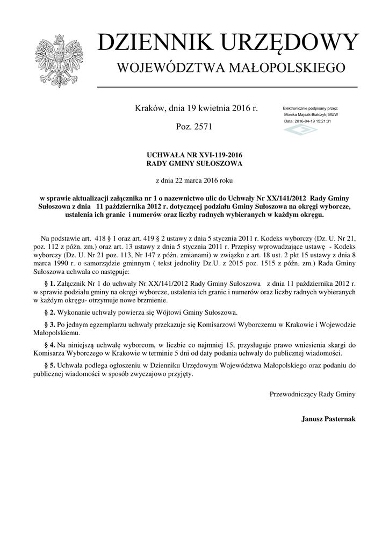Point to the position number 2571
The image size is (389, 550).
pyautogui.click(x=202, y=127)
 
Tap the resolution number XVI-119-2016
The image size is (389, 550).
pyautogui.click(x=217, y=155)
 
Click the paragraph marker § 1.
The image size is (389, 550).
pyautogui.click(x=49, y=283)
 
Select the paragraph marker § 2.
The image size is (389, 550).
pyautogui.click(x=49, y=312)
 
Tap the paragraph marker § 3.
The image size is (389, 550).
pyautogui.click(x=49, y=325)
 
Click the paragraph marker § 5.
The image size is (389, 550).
pyautogui.click(x=49, y=365)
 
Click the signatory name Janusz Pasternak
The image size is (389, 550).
pyautogui.click(x=328, y=418)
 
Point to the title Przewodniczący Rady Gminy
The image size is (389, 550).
pyautogui.click(x=312, y=394)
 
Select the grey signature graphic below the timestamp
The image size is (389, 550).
pyautogui.click(x=300, y=131)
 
